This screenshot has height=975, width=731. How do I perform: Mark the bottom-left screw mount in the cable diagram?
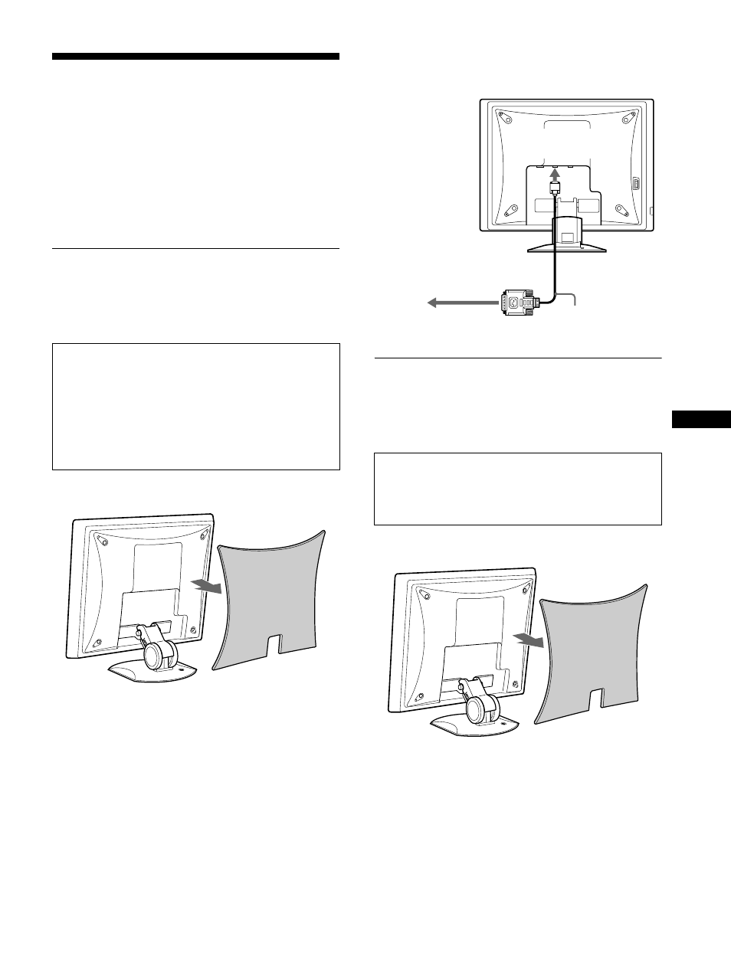tap(508, 208)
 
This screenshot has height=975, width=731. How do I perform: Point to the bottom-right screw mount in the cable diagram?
tap(621, 208)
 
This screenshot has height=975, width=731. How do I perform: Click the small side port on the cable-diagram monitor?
tap(635, 185)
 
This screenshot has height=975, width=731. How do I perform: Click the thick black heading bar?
tap(195, 57)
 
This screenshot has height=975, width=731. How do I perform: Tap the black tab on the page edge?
tap(700, 420)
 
